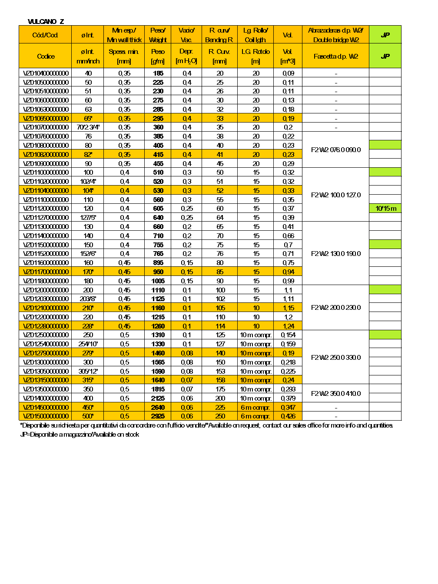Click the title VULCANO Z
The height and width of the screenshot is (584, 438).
click(x=46, y=21)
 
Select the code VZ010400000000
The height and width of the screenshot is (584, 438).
click(x=46, y=73)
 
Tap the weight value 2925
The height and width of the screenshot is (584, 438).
click(x=158, y=416)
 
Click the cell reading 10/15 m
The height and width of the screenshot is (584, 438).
click(x=385, y=209)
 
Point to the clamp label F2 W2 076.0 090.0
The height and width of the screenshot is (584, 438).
click(x=336, y=150)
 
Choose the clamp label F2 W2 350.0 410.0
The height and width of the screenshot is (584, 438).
click(x=336, y=394)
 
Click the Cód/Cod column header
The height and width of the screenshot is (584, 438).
click(x=45, y=35)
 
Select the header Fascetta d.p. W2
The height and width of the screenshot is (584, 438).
click(x=336, y=56)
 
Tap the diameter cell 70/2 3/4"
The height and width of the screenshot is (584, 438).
click(x=88, y=127)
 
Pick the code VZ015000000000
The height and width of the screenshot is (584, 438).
click(x=46, y=416)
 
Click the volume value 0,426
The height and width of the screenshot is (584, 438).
click(x=288, y=416)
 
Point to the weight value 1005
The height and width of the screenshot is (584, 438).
click(x=158, y=281)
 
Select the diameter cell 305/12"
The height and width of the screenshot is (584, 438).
click(x=88, y=372)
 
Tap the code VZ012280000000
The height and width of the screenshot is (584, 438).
click(x=46, y=326)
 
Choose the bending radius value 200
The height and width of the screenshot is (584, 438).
click(x=220, y=398)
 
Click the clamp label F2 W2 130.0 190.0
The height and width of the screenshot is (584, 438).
click(x=336, y=254)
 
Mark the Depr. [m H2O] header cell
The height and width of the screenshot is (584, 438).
click(x=186, y=56)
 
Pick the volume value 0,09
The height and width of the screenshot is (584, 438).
click(x=288, y=73)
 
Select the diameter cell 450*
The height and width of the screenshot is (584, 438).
click(x=88, y=408)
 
